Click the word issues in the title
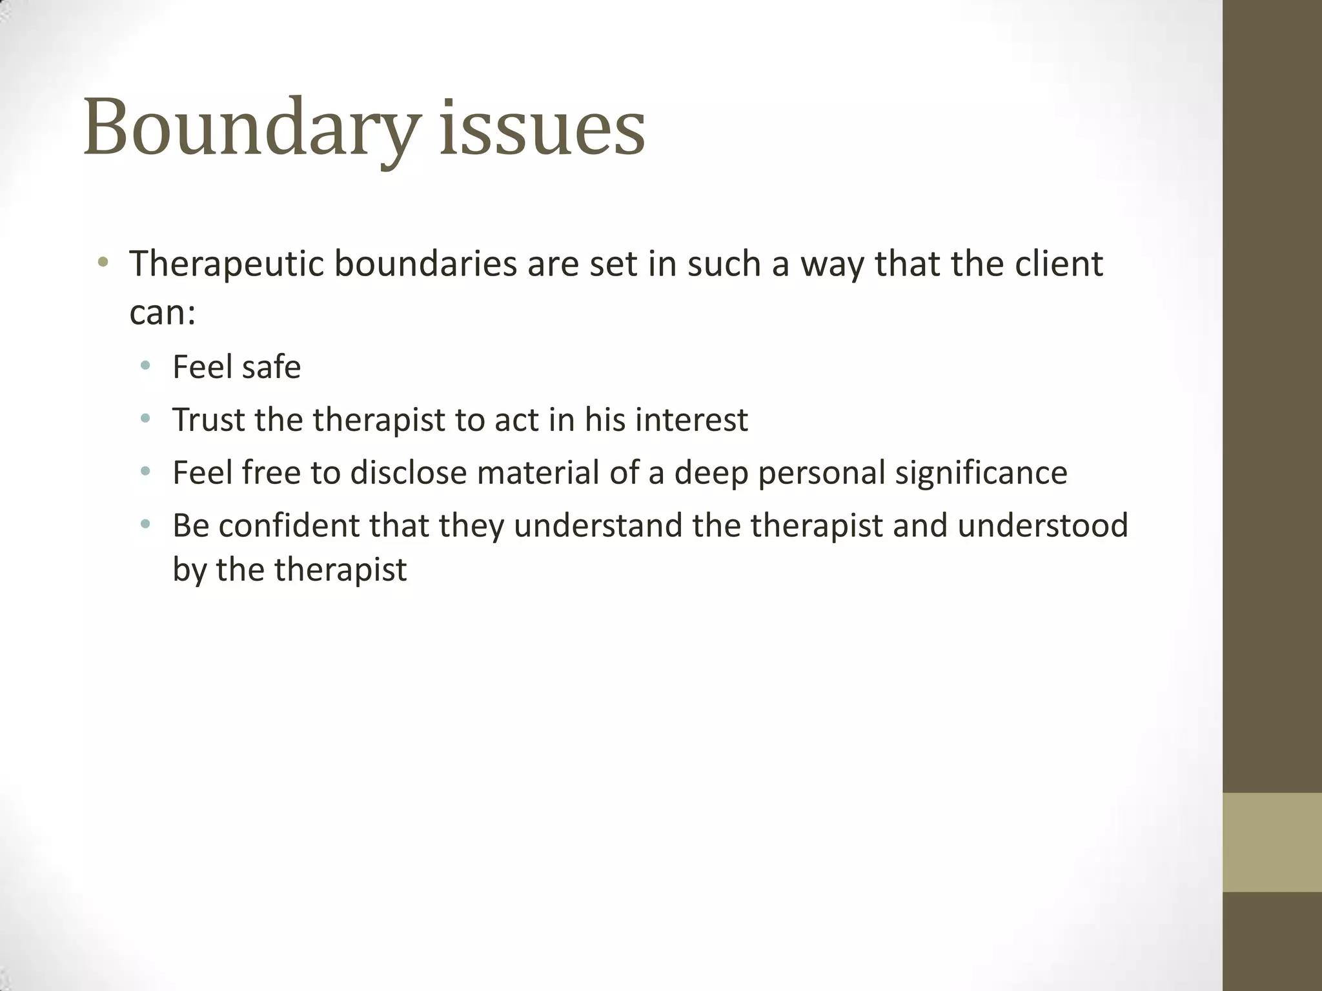542,128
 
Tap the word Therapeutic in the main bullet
226,265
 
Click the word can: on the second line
162,313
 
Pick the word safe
270,368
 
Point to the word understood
1042,526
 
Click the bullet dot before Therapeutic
103,263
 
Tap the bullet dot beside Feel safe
146,366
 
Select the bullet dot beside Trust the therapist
146,419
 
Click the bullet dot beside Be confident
146,525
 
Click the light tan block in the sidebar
1272,842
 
